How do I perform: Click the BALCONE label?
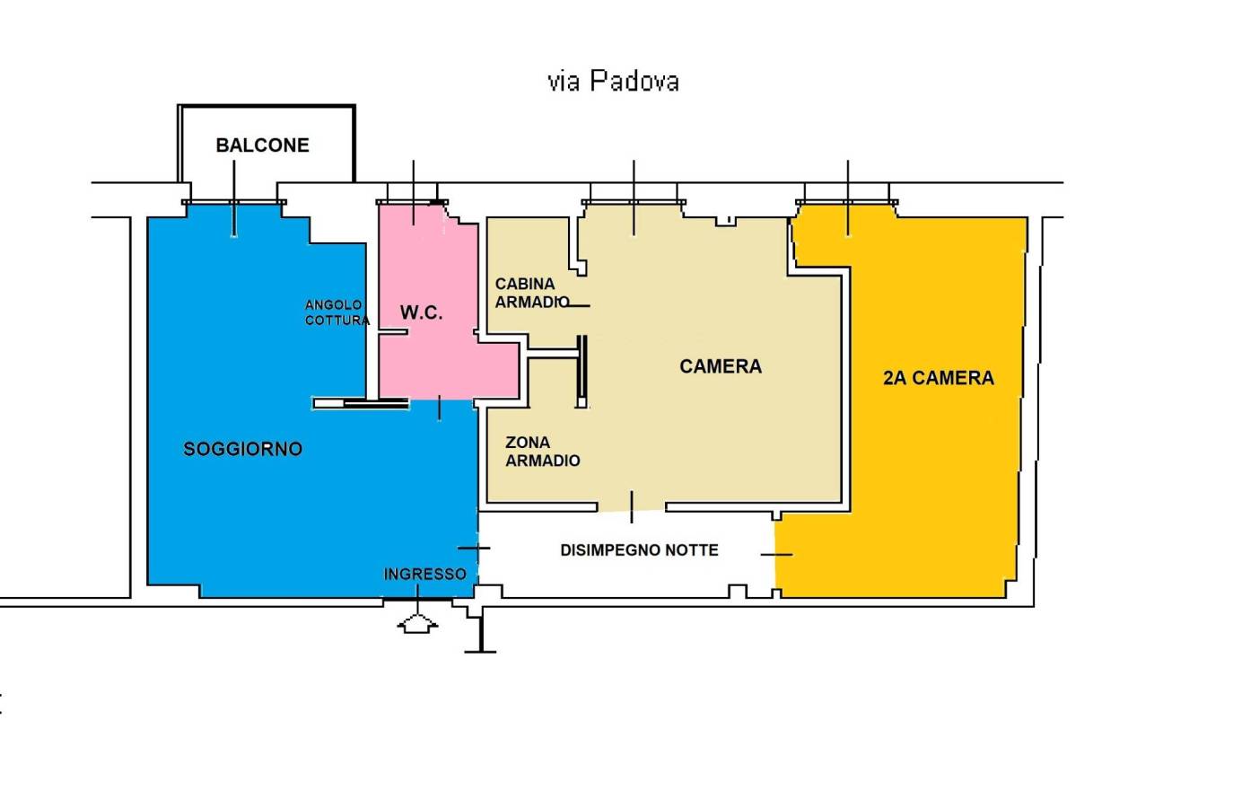(x=263, y=145)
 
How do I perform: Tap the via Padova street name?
(x=613, y=81)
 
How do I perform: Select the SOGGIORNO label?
(x=243, y=449)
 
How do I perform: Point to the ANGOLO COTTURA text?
(x=337, y=312)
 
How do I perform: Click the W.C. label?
(x=421, y=312)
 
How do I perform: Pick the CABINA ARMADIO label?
(x=532, y=293)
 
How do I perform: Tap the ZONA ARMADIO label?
(x=543, y=451)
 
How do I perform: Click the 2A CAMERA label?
(x=939, y=378)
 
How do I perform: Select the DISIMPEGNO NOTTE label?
(x=639, y=550)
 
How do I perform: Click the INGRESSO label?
(x=425, y=574)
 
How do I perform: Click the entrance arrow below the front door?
(x=418, y=625)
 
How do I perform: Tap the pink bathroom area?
(x=435, y=309)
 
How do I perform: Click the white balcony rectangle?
(x=267, y=144)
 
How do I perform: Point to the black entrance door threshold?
(x=418, y=599)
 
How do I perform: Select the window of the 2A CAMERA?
(x=847, y=202)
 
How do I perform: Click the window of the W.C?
(x=412, y=202)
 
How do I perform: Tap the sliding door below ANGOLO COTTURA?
(x=361, y=404)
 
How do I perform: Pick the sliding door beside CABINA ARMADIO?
(x=582, y=371)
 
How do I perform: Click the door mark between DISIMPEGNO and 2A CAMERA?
(x=776, y=555)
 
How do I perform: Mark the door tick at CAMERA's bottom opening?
(x=632, y=506)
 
